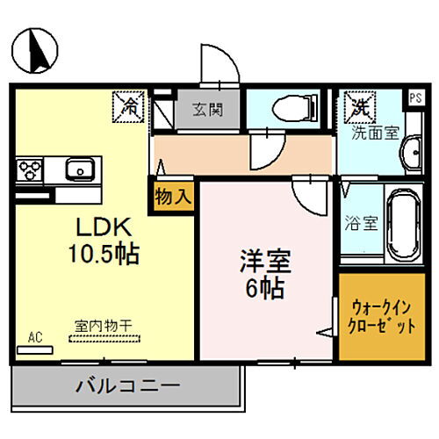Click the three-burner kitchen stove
29,169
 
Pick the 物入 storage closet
170,195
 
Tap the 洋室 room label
263,261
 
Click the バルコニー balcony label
127,385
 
